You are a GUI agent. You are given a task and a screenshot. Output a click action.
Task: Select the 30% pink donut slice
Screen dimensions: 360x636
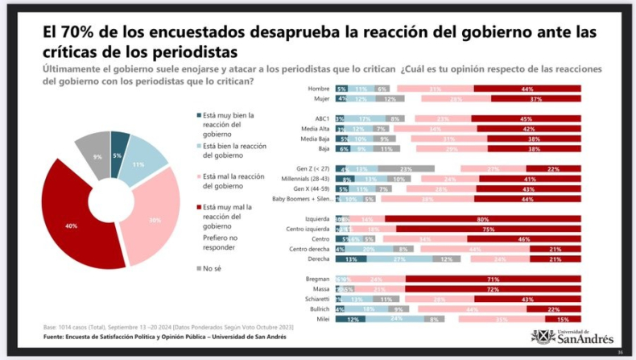pos(154,217)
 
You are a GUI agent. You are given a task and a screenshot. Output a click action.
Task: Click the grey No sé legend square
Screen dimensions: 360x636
pos(199,268)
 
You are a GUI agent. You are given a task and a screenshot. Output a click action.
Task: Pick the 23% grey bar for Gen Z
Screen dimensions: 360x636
pos(406,168)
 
